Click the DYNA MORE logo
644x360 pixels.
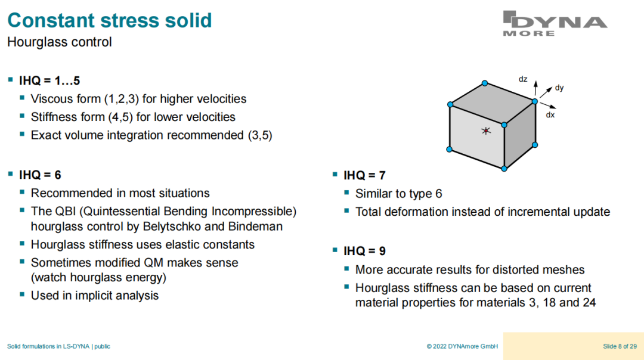click(555, 23)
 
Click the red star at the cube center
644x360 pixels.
click(486, 131)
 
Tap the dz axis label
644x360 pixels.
click(523, 79)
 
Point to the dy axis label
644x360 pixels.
click(559, 88)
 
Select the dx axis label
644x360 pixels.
click(550, 115)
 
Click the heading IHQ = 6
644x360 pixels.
click(40, 175)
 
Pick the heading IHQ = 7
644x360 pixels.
click(364, 175)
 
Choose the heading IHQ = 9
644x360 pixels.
click(364, 251)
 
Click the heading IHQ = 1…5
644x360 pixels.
click(49, 80)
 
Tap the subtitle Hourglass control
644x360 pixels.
click(60, 42)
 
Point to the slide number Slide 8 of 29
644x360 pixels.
click(620, 346)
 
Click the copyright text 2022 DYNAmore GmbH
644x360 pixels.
click(465, 346)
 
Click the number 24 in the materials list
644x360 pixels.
click(589, 303)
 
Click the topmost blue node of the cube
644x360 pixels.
click(485, 83)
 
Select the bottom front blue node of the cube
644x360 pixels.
click(504, 168)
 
